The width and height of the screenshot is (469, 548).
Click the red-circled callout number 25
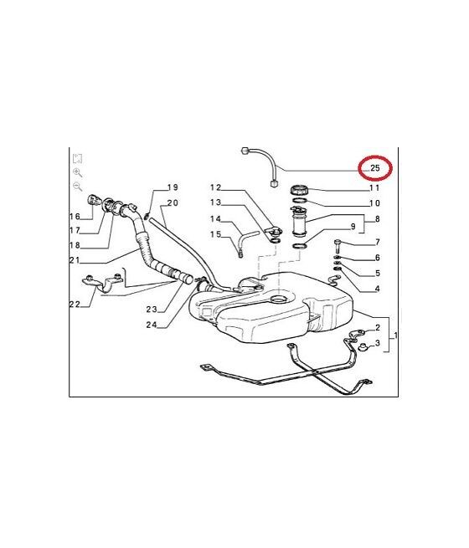pyautogui.click(x=374, y=168)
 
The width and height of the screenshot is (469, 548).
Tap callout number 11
pyautogui.click(x=374, y=188)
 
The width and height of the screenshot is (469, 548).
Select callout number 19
pyautogui.click(x=173, y=187)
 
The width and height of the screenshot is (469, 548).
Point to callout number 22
pyautogui.click(x=75, y=305)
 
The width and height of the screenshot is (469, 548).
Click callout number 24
pyautogui.click(x=152, y=325)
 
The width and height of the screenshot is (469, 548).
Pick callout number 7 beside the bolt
pyautogui.click(x=378, y=242)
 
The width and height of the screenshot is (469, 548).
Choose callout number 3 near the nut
pyautogui.click(x=377, y=343)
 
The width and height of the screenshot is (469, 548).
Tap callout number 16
pyautogui.click(x=75, y=217)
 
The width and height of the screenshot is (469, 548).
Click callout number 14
pyautogui.click(x=215, y=219)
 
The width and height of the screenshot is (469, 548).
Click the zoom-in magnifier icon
pyautogui.click(x=77, y=172)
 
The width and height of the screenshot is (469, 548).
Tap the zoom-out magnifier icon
pyautogui.click(x=77, y=187)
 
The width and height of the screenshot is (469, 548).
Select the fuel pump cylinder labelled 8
pyautogui.click(x=299, y=222)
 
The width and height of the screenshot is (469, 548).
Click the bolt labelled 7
pyautogui.click(x=338, y=246)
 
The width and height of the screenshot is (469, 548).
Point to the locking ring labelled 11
pyautogui.click(x=299, y=191)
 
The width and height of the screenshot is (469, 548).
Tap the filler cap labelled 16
pyautogui.click(x=93, y=200)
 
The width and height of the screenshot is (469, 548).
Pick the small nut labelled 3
pyautogui.click(x=363, y=347)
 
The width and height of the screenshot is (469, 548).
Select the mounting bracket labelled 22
pyautogui.click(x=101, y=282)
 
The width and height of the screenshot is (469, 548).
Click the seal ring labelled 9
pyautogui.click(x=299, y=246)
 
